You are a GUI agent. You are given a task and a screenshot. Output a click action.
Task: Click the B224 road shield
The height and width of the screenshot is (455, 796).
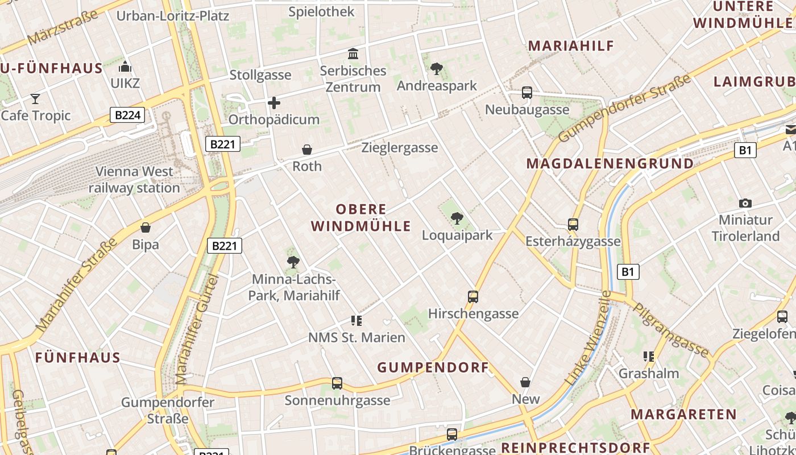point(127,115)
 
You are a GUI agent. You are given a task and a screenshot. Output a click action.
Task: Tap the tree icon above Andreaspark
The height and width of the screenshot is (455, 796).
point(437,69)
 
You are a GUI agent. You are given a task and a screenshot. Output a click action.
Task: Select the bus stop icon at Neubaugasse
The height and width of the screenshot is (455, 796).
point(527,93)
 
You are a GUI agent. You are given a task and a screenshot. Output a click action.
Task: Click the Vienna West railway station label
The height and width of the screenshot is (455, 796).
point(134,179)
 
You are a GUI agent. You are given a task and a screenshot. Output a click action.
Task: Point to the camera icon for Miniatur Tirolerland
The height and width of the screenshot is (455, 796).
point(745,203)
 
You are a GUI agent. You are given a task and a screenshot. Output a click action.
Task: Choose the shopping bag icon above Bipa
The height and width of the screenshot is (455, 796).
point(146,228)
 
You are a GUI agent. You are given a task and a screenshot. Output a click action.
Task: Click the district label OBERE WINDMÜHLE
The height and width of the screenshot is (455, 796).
point(360,218)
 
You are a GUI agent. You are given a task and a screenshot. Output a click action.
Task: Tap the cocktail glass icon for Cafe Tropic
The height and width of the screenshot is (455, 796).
point(35,99)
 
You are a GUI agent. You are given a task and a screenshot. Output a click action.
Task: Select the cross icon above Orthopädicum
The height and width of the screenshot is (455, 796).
point(274,103)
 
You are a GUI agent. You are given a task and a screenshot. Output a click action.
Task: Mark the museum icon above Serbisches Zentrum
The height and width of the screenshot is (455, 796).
point(353,54)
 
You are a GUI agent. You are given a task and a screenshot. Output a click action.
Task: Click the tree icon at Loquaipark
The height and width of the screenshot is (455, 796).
point(457,218)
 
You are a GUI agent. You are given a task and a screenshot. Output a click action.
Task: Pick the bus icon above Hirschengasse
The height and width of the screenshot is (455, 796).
point(472,296)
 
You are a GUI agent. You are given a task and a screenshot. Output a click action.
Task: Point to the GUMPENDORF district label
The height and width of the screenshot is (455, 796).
point(433,367)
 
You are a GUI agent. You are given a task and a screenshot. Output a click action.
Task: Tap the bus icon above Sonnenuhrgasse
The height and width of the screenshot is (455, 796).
point(337,383)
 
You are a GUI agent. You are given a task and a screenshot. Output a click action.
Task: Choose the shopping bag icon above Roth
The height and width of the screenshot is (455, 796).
point(307,150)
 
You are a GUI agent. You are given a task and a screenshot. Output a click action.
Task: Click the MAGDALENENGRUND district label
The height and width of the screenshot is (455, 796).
point(610,164)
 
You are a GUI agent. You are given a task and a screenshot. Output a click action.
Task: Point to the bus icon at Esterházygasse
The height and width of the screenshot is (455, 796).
point(573,225)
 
